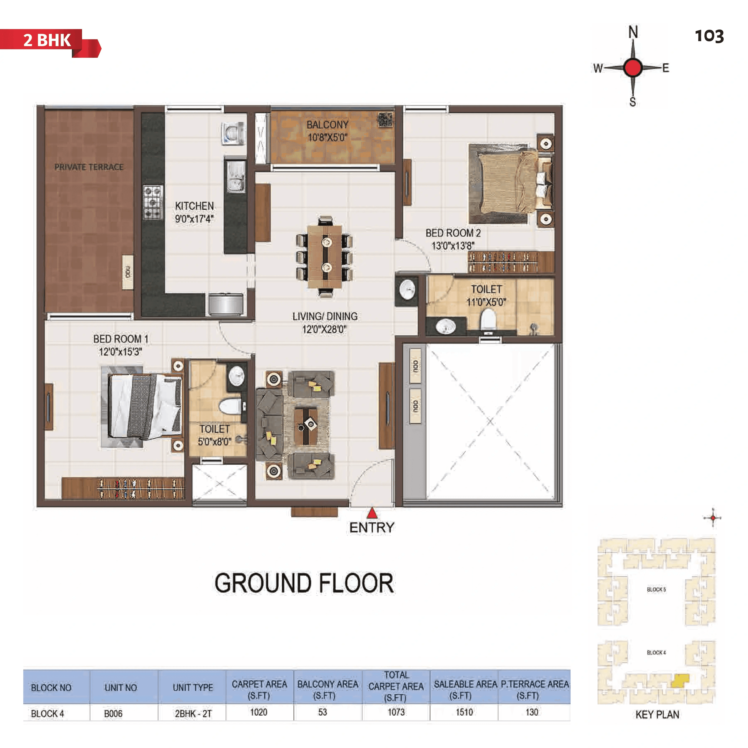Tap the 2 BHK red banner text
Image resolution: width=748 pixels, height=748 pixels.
point(47,40)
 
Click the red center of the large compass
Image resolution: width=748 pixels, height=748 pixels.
point(633,68)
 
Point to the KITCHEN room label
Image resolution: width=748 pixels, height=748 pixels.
point(194,206)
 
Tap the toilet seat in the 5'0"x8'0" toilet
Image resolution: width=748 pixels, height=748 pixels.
point(230,407)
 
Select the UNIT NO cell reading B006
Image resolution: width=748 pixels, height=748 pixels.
point(113,713)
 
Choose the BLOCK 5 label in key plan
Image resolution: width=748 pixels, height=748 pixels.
point(656,589)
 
